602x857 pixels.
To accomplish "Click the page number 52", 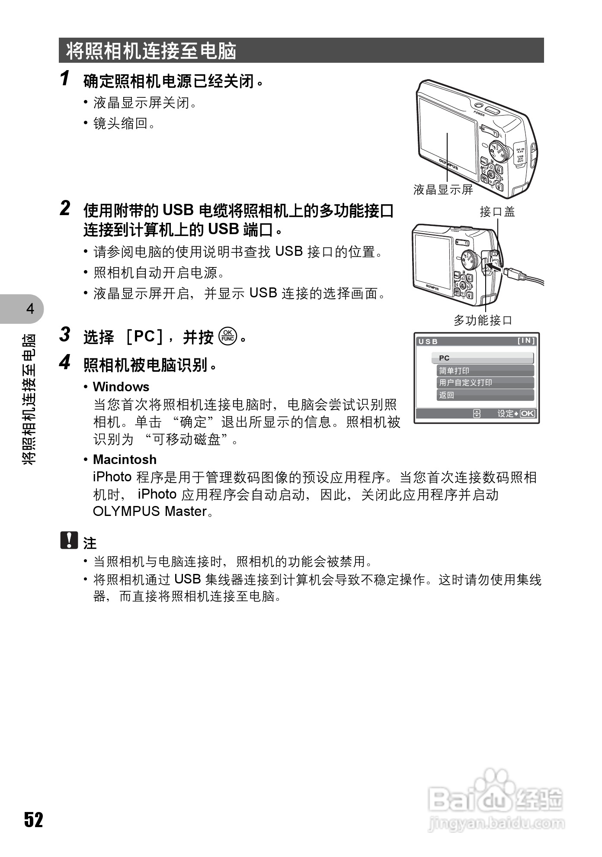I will coord(33,819).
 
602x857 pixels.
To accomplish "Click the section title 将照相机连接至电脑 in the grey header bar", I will coord(151,51).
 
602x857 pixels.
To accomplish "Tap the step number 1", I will coord(65,78).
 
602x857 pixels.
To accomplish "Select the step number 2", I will coord(65,208).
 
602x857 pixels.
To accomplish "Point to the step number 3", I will coord(65,335).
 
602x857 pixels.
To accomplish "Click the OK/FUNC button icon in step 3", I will coord(227,336).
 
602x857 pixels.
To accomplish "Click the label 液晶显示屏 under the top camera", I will coord(443,190).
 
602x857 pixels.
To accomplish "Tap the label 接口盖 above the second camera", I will coord(497,212).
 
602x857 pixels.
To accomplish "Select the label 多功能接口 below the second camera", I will coord(483,320).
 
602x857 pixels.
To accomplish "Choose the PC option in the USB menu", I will coord(482,358).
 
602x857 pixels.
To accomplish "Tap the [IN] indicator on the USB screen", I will coord(526,341).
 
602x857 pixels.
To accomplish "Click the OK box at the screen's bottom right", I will coord(527,413).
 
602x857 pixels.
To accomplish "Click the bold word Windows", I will coord(121,387).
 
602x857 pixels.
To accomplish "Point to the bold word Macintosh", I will coord(125,459).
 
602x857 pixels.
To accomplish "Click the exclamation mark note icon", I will coord(69,540).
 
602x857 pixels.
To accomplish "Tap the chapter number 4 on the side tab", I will coord(30,309).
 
